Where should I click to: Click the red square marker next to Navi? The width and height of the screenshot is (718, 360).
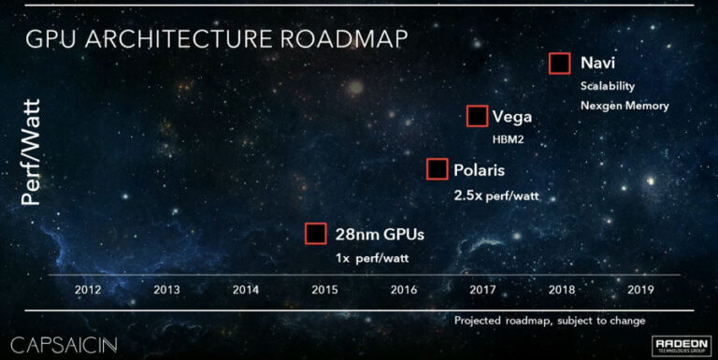click(559, 64)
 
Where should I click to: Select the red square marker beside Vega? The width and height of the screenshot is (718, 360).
click(477, 116)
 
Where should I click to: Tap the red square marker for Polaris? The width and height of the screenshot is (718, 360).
click(436, 169)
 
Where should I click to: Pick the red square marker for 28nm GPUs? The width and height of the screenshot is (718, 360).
click(316, 234)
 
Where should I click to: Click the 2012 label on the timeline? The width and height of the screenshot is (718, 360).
click(87, 290)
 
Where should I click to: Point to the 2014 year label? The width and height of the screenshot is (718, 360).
click(245, 290)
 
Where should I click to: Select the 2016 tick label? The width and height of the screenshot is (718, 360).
click(404, 290)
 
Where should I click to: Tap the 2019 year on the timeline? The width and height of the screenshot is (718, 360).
click(641, 290)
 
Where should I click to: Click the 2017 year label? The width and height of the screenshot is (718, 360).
click(482, 290)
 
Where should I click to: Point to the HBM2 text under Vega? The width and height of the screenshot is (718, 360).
click(510, 139)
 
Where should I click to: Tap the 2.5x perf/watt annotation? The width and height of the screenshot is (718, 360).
click(497, 195)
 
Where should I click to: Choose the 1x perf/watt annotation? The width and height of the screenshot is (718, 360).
click(372, 257)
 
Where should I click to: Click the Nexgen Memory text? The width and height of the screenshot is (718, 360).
click(625, 106)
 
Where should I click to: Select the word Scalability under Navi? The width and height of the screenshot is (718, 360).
click(607, 86)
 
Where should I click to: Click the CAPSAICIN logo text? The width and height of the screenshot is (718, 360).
click(65, 341)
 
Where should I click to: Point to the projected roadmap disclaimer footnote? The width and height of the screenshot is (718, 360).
click(550, 321)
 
